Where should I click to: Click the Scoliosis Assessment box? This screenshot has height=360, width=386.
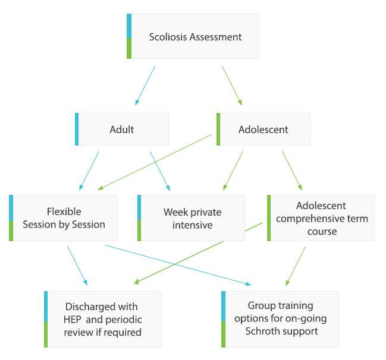coord(193,37)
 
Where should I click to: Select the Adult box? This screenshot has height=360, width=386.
coord(123,129)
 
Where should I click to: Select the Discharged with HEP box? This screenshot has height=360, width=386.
coord(103,319)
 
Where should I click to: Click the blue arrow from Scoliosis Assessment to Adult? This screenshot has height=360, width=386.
coord(145,85)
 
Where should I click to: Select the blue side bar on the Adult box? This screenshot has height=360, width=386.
coord(77,129)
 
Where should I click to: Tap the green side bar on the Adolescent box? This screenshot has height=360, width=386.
coord(218,129)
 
